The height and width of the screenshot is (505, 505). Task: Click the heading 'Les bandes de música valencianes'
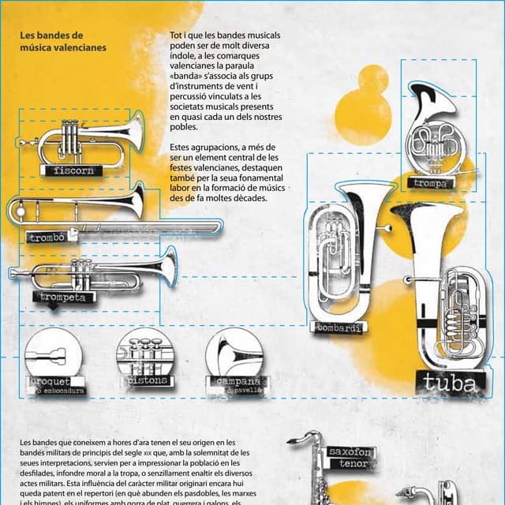(62, 41)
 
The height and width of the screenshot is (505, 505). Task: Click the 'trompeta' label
(62, 297)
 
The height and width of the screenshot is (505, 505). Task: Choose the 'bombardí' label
(340, 327)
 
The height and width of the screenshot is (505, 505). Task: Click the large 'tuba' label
(449, 383)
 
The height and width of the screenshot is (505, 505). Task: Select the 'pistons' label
(147, 381)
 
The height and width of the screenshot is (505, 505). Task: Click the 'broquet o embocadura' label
(55, 386)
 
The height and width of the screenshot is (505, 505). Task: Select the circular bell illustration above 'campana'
(234, 353)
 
